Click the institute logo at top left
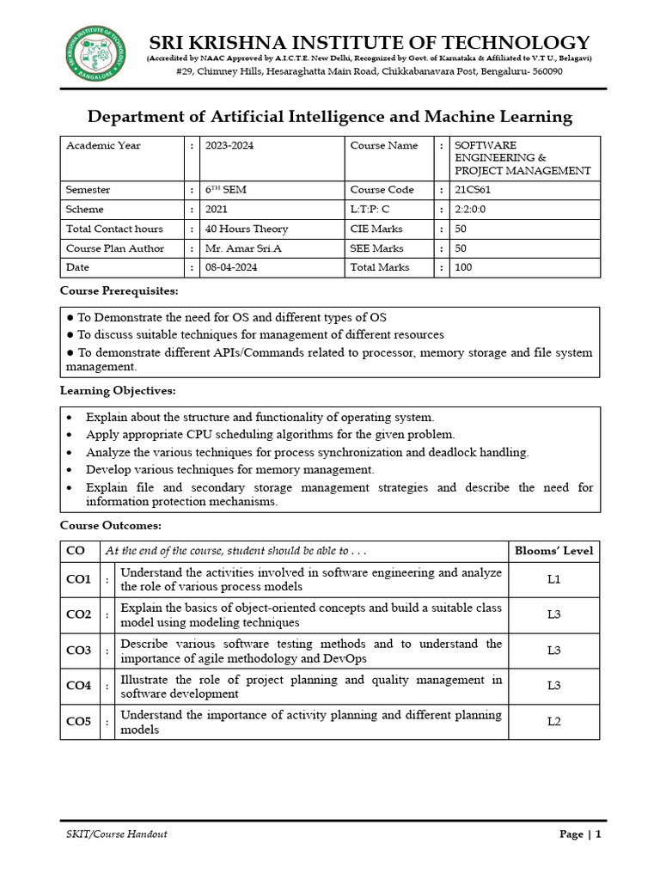coord(95,53)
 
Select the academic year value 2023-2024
coord(229,145)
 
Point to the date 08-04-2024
coord(231,267)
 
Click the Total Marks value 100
coord(463,267)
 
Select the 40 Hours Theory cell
coord(247,229)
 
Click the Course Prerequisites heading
coord(119,291)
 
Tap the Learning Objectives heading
coord(117,391)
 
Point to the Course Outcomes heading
coord(110,525)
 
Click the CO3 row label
coord(79,651)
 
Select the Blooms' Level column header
coord(553,551)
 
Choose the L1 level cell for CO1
coord(553,579)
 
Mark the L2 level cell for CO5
coord(553,722)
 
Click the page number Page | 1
coord(580,834)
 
